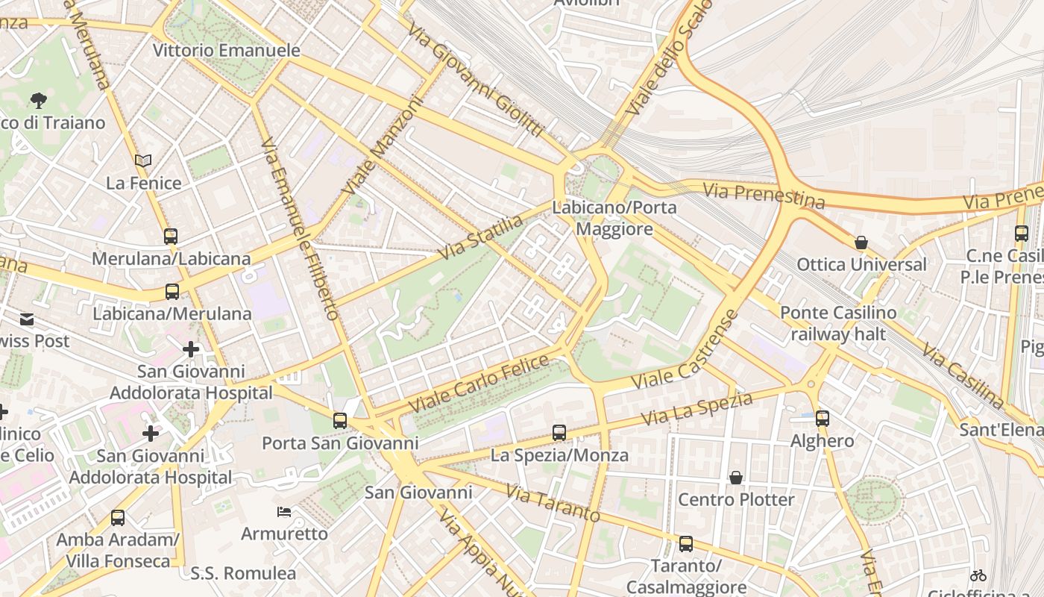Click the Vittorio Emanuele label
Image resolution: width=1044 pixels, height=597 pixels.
(x=226, y=51)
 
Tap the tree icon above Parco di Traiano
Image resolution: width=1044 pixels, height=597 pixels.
(x=39, y=100)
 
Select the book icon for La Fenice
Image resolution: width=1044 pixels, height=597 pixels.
(x=143, y=160)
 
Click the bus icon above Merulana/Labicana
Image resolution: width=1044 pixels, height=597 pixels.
(x=171, y=237)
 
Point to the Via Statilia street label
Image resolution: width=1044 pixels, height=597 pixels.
(x=481, y=237)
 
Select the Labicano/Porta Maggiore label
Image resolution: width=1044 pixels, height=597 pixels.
(x=614, y=218)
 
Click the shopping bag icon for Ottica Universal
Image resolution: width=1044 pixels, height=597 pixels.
(x=861, y=243)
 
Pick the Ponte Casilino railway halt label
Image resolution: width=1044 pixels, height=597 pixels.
(x=838, y=323)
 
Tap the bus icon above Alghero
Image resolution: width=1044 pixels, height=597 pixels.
(x=823, y=419)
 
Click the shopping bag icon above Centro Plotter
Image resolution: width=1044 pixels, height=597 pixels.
(x=736, y=478)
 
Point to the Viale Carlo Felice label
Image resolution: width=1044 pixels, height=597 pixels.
(x=479, y=384)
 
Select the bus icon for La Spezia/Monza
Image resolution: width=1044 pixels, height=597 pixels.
(x=559, y=433)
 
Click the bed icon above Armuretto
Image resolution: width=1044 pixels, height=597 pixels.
(x=284, y=512)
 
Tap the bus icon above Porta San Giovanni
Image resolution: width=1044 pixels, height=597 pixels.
(x=340, y=421)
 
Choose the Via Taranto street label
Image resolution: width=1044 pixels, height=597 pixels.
(x=553, y=503)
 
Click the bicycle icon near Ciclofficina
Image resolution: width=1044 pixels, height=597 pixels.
(x=978, y=575)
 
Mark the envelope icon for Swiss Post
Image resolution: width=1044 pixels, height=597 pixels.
(x=27, y=319)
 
